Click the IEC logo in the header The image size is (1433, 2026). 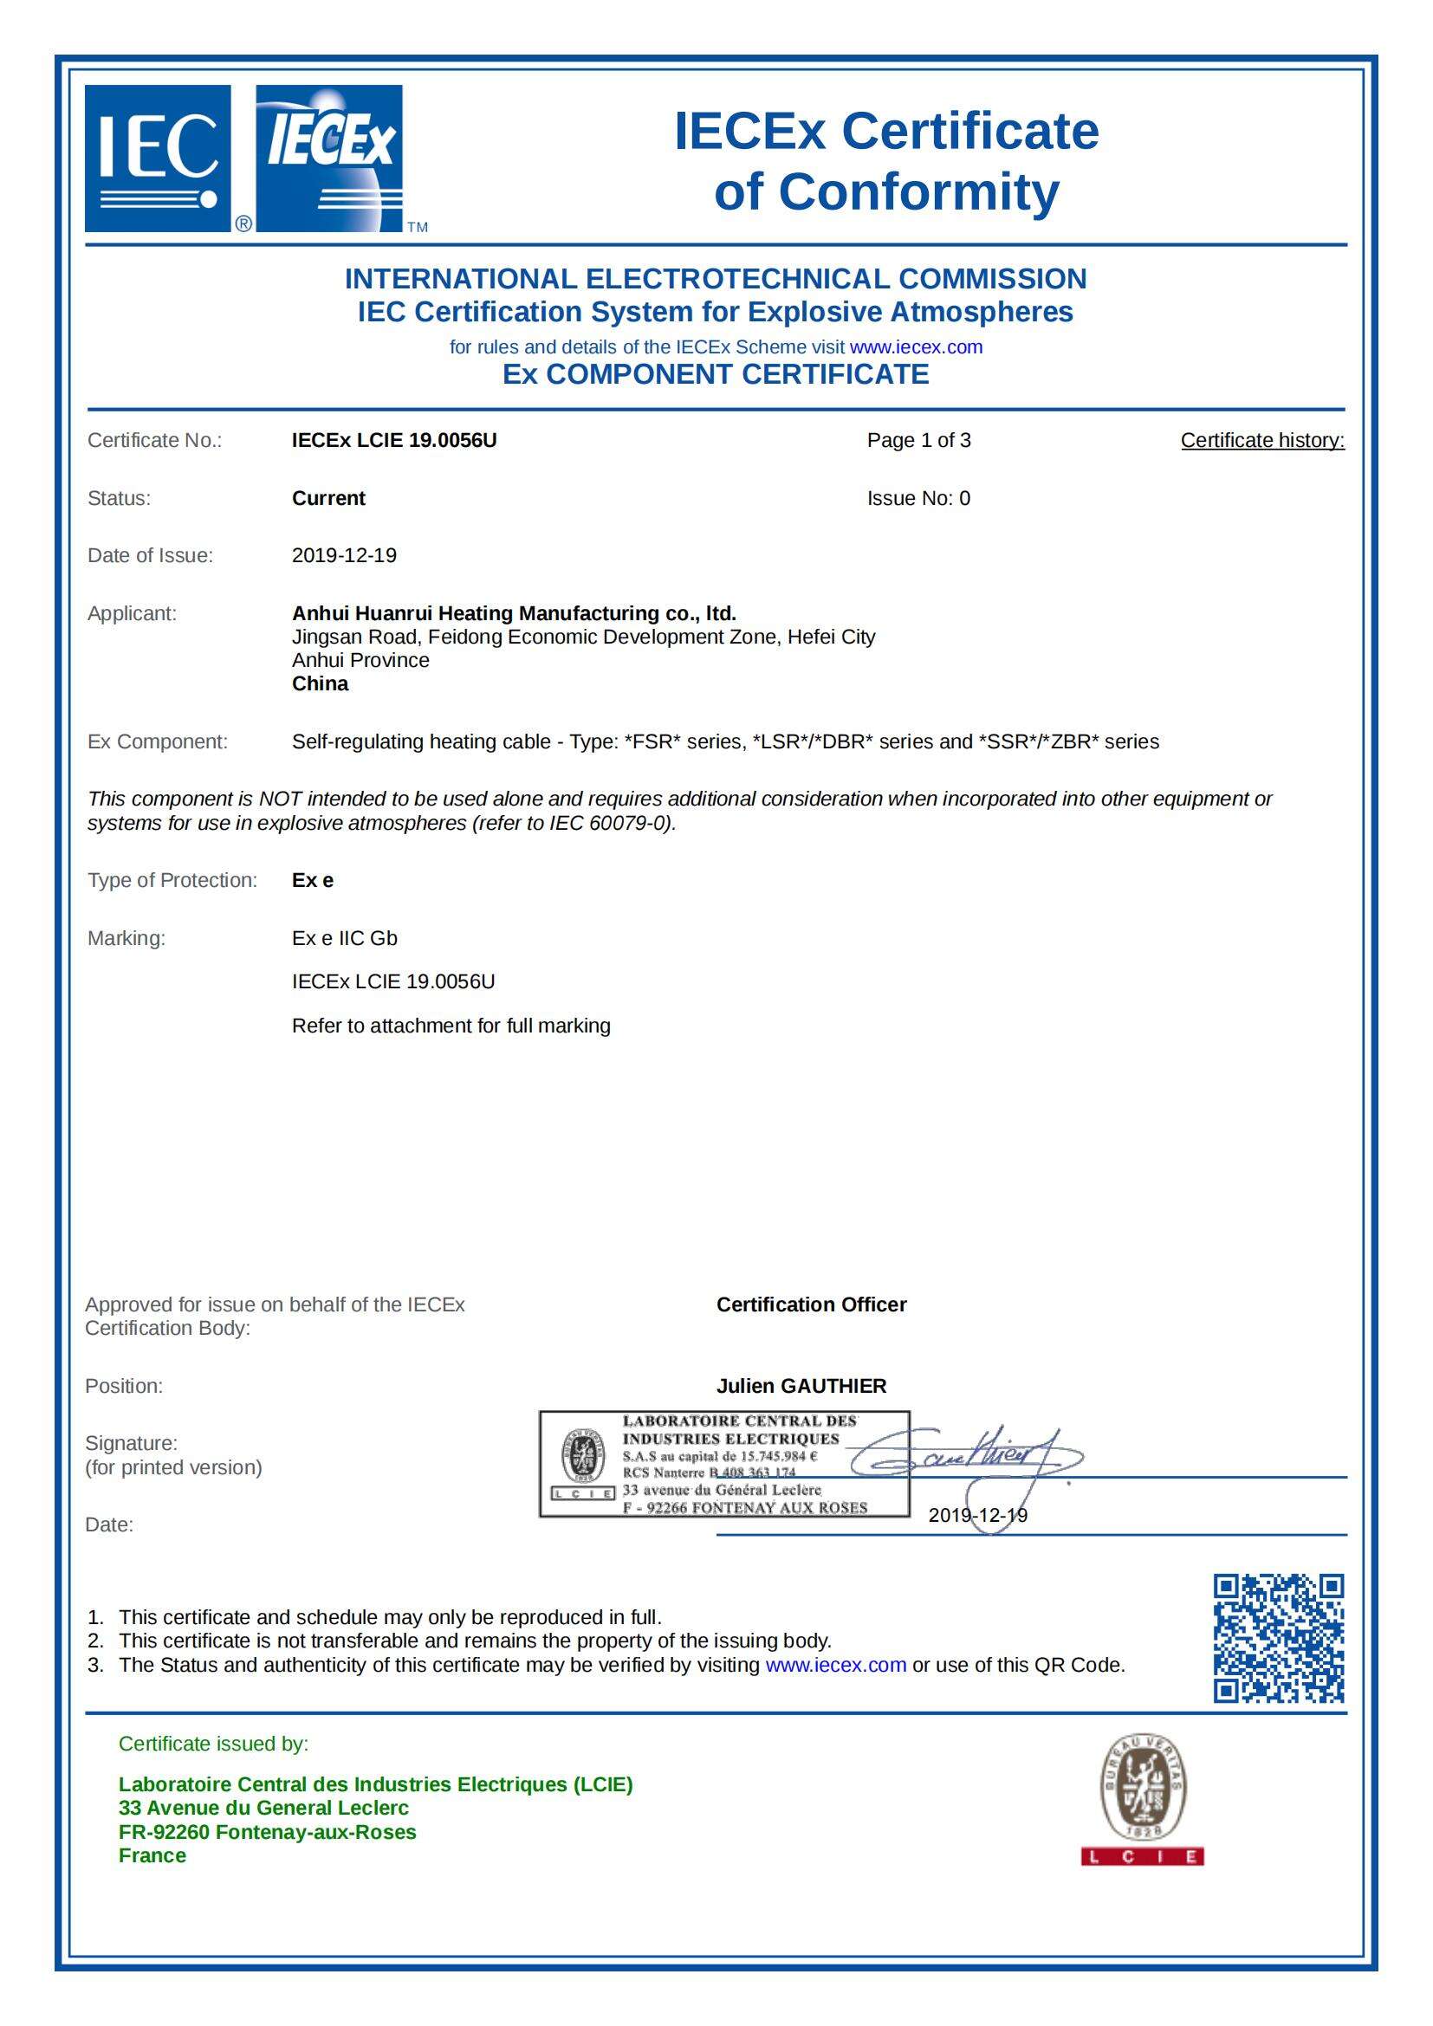[158, 159]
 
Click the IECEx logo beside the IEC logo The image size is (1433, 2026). [329, 159]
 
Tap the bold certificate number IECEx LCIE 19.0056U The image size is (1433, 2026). [394, 440]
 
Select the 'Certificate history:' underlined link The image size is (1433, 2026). [1261, 440]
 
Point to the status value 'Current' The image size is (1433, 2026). [328, 499]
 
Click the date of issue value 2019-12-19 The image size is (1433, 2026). [344, 556]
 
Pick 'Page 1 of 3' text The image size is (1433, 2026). [918, 440]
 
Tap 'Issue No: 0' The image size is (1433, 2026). [918, 499]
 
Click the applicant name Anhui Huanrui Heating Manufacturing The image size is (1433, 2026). [514, 613]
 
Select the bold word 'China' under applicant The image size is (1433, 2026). [321, 684]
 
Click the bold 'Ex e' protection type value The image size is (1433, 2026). [313, 881]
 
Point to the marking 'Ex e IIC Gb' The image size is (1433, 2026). [344, 938]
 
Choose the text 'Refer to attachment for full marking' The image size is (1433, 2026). [451, 1026]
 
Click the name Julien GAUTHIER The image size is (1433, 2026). [801, 1386]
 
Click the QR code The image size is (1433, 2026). [1279, 1639]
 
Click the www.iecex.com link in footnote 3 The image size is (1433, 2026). [835, 1665]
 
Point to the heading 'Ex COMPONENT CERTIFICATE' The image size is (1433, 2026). [716, 374]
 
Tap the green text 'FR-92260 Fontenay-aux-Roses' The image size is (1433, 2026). [268, 1832]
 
